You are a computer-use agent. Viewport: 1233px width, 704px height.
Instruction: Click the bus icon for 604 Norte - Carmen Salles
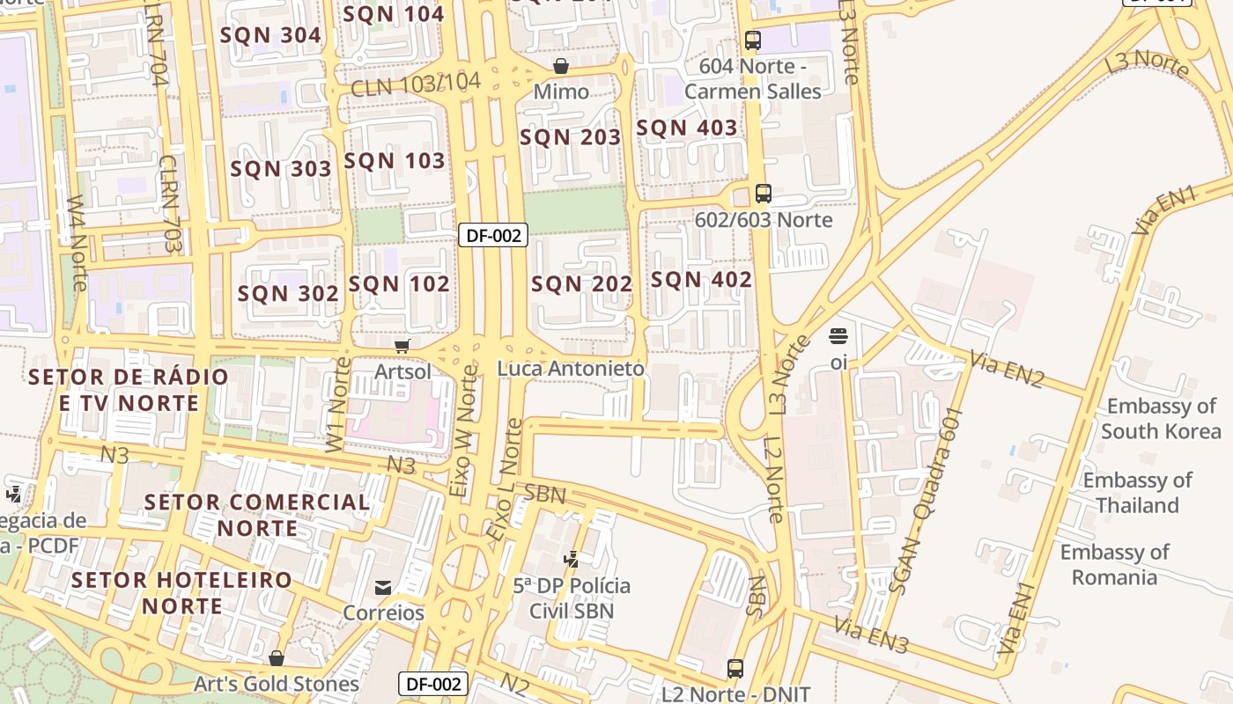point(752,40)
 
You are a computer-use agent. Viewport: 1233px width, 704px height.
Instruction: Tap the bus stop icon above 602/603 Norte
point(764,194)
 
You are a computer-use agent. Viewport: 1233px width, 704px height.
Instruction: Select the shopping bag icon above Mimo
point(561,66)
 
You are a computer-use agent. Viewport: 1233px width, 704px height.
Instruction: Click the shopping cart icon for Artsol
point(402,346)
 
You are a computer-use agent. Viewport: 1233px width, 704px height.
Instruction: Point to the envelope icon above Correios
point(383,587)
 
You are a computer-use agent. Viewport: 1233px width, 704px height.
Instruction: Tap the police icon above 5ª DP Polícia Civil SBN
point(572,559)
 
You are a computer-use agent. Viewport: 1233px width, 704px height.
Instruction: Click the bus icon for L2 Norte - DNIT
point(735,669)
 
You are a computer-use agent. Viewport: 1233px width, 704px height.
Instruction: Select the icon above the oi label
point(838,336)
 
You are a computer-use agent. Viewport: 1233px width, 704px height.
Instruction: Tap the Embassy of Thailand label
point(1137,493)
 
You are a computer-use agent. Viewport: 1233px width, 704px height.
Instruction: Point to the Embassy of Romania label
point(1114,565)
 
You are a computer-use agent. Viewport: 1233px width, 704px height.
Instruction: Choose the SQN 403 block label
point(687,128)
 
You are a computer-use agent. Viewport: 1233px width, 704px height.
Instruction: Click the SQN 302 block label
point(288,294)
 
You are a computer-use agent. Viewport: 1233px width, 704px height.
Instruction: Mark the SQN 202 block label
point(581,283)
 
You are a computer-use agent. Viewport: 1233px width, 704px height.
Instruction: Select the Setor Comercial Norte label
point(257,515)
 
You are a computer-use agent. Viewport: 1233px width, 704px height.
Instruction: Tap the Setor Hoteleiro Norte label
point(182,592)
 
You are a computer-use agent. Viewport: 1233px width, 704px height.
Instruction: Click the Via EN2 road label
point(1007,370)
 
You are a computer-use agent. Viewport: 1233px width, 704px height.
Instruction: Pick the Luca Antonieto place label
point(571,369)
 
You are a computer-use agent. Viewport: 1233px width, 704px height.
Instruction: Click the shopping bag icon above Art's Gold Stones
point(277,658)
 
